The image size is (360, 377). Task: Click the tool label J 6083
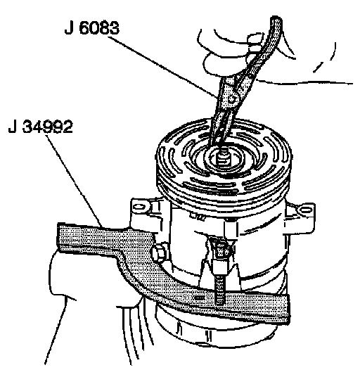coord(92,28)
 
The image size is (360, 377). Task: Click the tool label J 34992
coord(40,127)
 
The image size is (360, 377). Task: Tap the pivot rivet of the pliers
coord(232,98)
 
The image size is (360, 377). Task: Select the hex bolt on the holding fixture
coord(159,253)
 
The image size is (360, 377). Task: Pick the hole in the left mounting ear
coord(140,207)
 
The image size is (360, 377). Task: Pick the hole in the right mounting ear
coord(305,210)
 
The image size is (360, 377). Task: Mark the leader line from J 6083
coord(162,66)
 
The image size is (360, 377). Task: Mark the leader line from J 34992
coord(75,181)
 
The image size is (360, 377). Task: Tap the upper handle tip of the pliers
coord(277,20)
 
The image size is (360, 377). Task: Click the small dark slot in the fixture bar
coord(200,298)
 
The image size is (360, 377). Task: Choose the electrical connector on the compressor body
coord(220,250)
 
